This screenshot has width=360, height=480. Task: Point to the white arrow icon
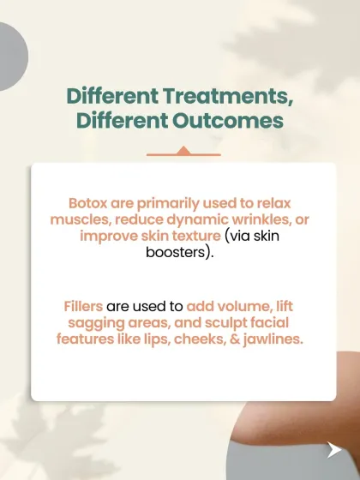pos(333,449)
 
